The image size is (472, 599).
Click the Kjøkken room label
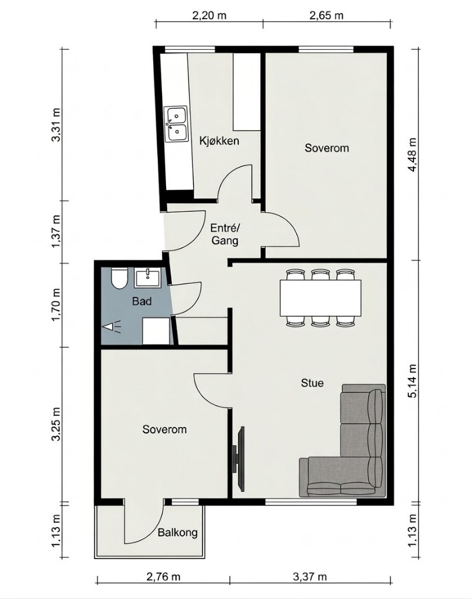pyautogui.click(x=219, y=141)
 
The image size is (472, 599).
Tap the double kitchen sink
pyautogui.click(x=175, y=125)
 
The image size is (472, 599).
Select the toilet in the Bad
pyautogui.click(x=119, y=279)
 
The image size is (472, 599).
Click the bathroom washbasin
pyautogui.click(x=148, y=278)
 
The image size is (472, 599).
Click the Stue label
pyautogui.click(x=312, y=383)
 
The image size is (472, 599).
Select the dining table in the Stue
pyautogui.click(x=321, y=298)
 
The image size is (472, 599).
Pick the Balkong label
pyautogui.click(x=178, y=532)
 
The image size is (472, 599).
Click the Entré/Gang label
pyautogui.click(x=225, y=235)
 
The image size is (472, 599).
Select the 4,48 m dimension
pyautogui.click(x=412, y=154)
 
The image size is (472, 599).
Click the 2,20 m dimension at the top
pyautogui.click(x=209, y=15)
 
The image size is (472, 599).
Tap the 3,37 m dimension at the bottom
pyautogui.click(x=310, y=576)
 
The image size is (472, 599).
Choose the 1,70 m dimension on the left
pyautogui.click(x=57, y=304)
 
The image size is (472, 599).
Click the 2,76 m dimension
pyautogui.click(x=163, y=576)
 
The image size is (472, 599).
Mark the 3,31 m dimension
pyautogui.click(x=57, y=125)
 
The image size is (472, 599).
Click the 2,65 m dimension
pyautogui.click(x=326, y=15)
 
